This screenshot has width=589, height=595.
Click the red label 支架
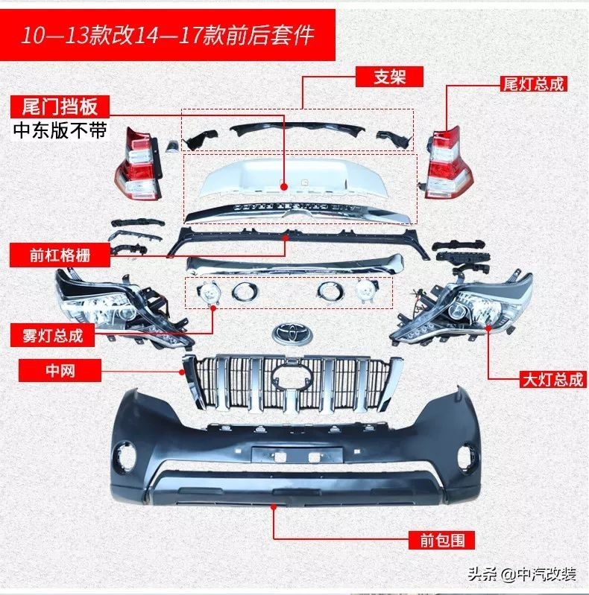(x=389, y=77)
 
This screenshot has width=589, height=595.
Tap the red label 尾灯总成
(x=534, y=84)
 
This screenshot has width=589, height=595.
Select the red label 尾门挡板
(x=60, y=106)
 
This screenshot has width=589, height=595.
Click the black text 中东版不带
(x=60, y=130)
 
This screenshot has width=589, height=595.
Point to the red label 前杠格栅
(x=60, y=255)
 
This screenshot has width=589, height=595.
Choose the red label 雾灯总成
(x=52, y=335)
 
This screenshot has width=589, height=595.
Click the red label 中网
(x=60, y=370)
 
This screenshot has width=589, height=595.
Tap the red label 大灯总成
(x=553, y=380)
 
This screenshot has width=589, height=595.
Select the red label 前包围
(x=442, y=540)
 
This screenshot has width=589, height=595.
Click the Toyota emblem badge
(x=292, y=334)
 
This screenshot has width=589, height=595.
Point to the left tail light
(x=139, y=164)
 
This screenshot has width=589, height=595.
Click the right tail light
(x=448, y=163)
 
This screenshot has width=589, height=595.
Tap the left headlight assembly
(x=122, y=308)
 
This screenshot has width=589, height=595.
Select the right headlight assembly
(x=463, y=307)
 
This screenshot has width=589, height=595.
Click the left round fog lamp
(x=207, y=293)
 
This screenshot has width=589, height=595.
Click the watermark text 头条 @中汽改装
(x=522, y=574)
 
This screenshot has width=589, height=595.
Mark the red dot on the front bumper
(x=273, y=507)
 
